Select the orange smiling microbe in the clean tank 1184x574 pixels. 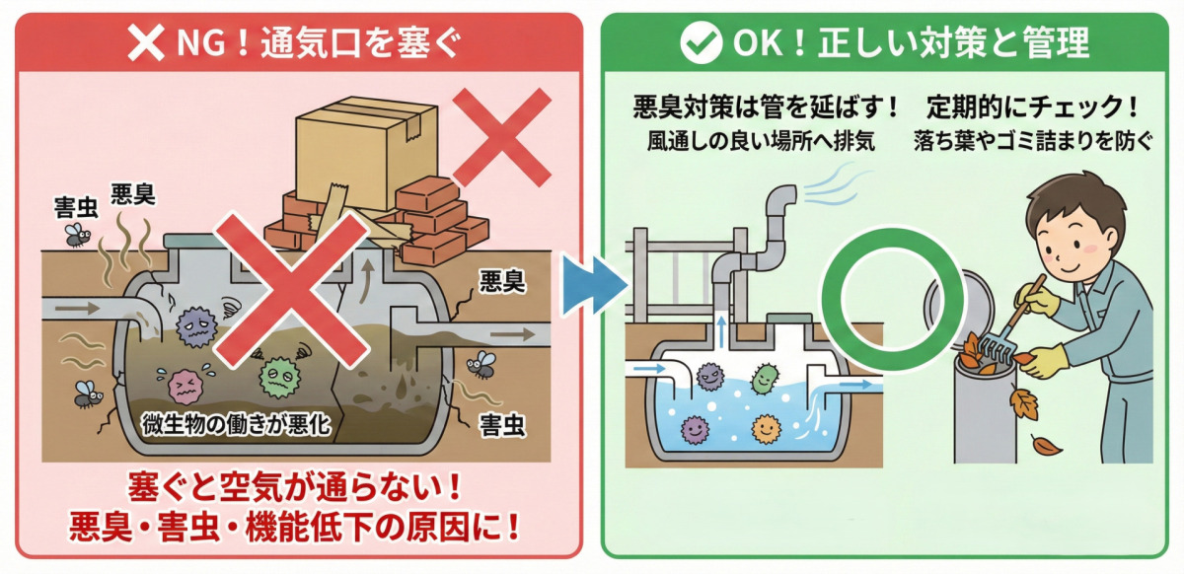[766, 429]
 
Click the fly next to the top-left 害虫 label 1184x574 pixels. [76, 234]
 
